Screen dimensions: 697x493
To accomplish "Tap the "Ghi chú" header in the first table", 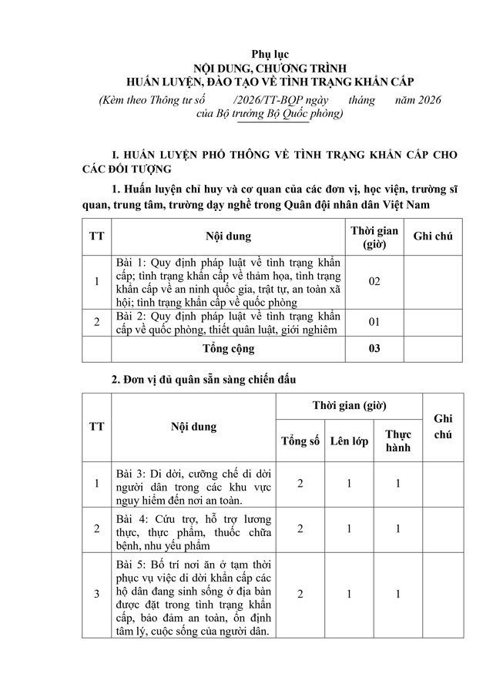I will coord(432,236).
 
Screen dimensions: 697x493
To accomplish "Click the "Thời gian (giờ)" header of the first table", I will coord(374,236).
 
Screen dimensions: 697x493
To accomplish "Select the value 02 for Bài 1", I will coord(374,282).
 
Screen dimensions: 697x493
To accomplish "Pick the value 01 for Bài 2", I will coord(374,321).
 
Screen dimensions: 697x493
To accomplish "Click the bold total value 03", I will coord(374,348).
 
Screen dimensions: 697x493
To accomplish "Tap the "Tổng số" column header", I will coord(300,441).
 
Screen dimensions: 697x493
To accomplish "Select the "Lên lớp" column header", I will coord(349,441).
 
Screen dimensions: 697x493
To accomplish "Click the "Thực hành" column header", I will coord(398,441).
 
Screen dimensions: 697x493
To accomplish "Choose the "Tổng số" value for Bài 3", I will coord(300,484).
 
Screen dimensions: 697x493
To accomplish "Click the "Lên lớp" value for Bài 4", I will coord(349,528).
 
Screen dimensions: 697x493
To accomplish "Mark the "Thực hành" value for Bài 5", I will coord(398,594).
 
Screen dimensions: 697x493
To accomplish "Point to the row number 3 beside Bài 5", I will coord(97,594).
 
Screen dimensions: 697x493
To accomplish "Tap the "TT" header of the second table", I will coord(97,427).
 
